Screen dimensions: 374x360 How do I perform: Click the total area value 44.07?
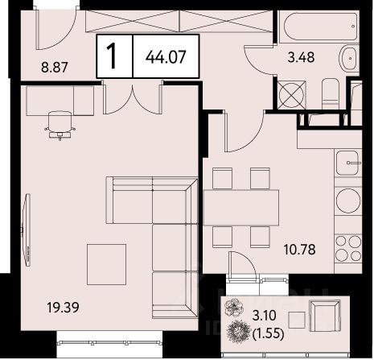pyautogui.click(x=166, y=57)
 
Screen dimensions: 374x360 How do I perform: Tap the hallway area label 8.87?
pyautogui.click(x=55, y=67)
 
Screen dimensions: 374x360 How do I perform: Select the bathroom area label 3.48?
pyautogui.click(x=301, y=57)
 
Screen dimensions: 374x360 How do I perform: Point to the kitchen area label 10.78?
pyautogui.click(x=300, y=250)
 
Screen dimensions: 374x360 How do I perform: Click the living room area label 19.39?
pyautogui.click(x=63, y=308)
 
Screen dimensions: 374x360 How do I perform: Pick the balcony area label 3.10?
pyautogui.click(x=264, y=316)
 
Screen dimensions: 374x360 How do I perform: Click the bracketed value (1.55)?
pyautogui.click(x=269, y=333)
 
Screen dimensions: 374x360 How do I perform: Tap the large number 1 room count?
pyautogui.click(x=112, y=56)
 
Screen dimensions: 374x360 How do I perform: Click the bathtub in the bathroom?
pyautogui.click(x=319, y=27)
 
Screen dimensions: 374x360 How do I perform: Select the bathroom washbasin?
pyautogui.click(x=350, y=59)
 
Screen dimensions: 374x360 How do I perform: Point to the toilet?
pyautogui.click(x=330, y=93)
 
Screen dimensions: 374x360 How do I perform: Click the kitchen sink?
pyautogui.click(x=347, y=163)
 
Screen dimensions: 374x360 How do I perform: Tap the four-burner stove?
pyautogui.click(x=348, y=247)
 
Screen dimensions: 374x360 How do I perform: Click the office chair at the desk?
pyautogui.click(x=60, y=125)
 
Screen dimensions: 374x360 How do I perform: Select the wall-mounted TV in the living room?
pyautogui.click(x=27, y=230)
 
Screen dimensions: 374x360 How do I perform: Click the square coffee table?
pyautogui.click(x=106, y=264)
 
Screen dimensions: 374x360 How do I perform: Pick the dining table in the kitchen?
pyautogui.click(x=241, y=207)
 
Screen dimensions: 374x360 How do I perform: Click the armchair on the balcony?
pyautogui.click(x=325, y=316)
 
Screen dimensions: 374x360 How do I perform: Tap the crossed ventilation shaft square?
pyautogui.click(x=291, y=95)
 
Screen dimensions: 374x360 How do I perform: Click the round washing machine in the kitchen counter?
pyautogui.click(x=348, y=200)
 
